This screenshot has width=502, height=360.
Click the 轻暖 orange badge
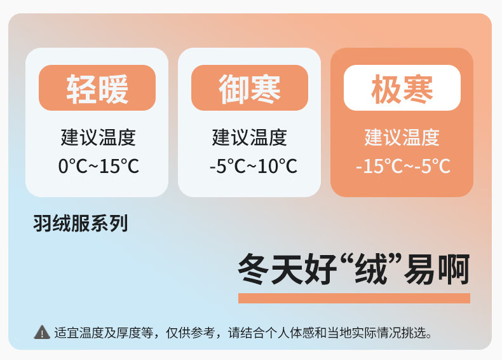[x=97, y=88]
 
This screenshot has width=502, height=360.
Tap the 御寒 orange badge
[x=250, y=88]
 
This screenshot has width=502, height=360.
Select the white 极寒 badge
[x=402, y=88]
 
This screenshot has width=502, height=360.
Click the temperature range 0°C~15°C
[x=98, y=166]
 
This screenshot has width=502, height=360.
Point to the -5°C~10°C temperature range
[x=254, y=166]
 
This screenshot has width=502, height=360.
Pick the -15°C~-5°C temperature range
[x=403, y=166]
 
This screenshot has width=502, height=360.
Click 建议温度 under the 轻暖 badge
[x=98, y=137]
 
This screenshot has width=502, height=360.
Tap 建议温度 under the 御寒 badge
[x=249, y=137]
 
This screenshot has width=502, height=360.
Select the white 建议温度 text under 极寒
[x=402, y=137]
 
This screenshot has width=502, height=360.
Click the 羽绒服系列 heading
[x=81, y=223]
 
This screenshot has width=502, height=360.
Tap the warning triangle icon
[x=42, y=333]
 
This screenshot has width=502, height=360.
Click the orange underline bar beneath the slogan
[x=354, y=298]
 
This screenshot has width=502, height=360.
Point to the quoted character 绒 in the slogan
[x=371, y=268]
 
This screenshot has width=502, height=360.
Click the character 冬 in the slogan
[x=254, y=268]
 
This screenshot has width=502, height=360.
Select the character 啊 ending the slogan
[x=454, y=268]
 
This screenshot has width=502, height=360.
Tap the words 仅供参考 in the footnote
[x=191, y=333]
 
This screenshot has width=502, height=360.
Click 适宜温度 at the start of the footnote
[x=79, y=333]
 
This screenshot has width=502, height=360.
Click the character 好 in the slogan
[x=320, y=268]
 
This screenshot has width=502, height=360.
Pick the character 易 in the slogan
[x=421, y=268]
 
